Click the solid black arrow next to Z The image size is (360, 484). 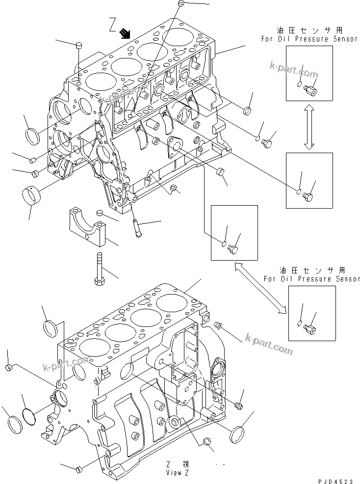pos(126,33)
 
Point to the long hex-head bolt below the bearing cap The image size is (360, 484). pos(98,269)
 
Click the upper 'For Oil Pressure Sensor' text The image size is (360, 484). pos(309,39)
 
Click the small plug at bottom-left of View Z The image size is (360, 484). pos(78,470)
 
